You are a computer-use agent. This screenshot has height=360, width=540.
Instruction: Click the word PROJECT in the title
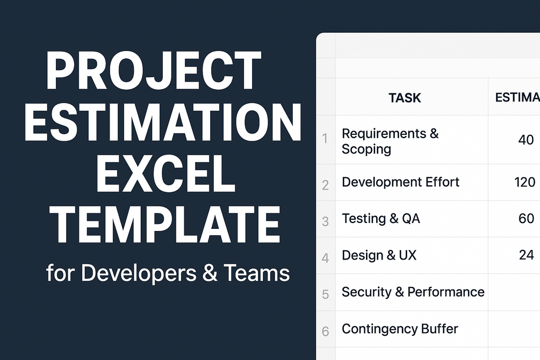pos(154,70)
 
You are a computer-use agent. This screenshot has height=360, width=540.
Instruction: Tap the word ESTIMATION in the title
pos(163,123)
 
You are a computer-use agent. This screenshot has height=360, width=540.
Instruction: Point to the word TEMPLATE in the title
pos(167,224)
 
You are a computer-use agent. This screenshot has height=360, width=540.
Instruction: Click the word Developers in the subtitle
pos(139,273)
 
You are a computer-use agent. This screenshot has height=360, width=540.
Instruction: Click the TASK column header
pos(405,98)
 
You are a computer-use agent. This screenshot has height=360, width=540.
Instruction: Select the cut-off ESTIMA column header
pos(517,97)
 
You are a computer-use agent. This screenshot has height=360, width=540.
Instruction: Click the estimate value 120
pos(525,182)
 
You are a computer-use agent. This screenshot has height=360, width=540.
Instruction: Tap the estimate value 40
pos(526,140)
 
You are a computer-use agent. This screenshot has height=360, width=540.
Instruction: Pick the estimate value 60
pos(526,218)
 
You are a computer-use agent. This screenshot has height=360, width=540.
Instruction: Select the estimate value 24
pos(526,255)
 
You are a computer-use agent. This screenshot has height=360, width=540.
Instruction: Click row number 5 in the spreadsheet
pos(326,294)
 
